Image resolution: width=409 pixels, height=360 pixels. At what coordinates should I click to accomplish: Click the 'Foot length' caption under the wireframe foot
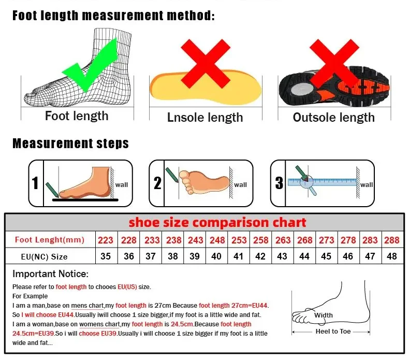point(77,116)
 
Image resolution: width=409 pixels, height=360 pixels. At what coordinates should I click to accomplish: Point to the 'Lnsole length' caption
point(205,118)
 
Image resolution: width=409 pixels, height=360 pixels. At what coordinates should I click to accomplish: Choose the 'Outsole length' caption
point(333,118)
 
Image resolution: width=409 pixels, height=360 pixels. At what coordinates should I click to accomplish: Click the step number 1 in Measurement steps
point(35,183)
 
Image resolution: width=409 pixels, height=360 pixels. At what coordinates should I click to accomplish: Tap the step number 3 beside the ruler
point(279,183)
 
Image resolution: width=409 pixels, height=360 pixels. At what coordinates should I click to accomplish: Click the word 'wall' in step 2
point(240,185)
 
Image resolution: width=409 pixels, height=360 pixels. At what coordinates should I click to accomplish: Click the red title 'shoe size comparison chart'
point(217,223)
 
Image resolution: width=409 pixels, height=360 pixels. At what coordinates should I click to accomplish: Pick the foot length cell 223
point(106,240)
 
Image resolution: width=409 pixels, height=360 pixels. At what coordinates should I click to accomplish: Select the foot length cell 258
point(260,240)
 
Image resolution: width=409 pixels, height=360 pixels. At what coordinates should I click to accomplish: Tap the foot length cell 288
point(392,240)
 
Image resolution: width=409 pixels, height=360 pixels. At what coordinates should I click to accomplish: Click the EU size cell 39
point(195,256)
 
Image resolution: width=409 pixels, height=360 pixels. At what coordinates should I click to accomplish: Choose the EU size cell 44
point(304,256)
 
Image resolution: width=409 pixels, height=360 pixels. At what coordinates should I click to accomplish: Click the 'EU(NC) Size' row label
point(45,256)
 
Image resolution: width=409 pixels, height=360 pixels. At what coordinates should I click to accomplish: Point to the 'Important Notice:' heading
point(51,273)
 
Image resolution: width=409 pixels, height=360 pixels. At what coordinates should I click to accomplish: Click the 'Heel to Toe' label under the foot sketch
point(333,332)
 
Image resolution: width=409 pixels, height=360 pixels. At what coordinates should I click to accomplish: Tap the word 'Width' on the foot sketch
point(324,315)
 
